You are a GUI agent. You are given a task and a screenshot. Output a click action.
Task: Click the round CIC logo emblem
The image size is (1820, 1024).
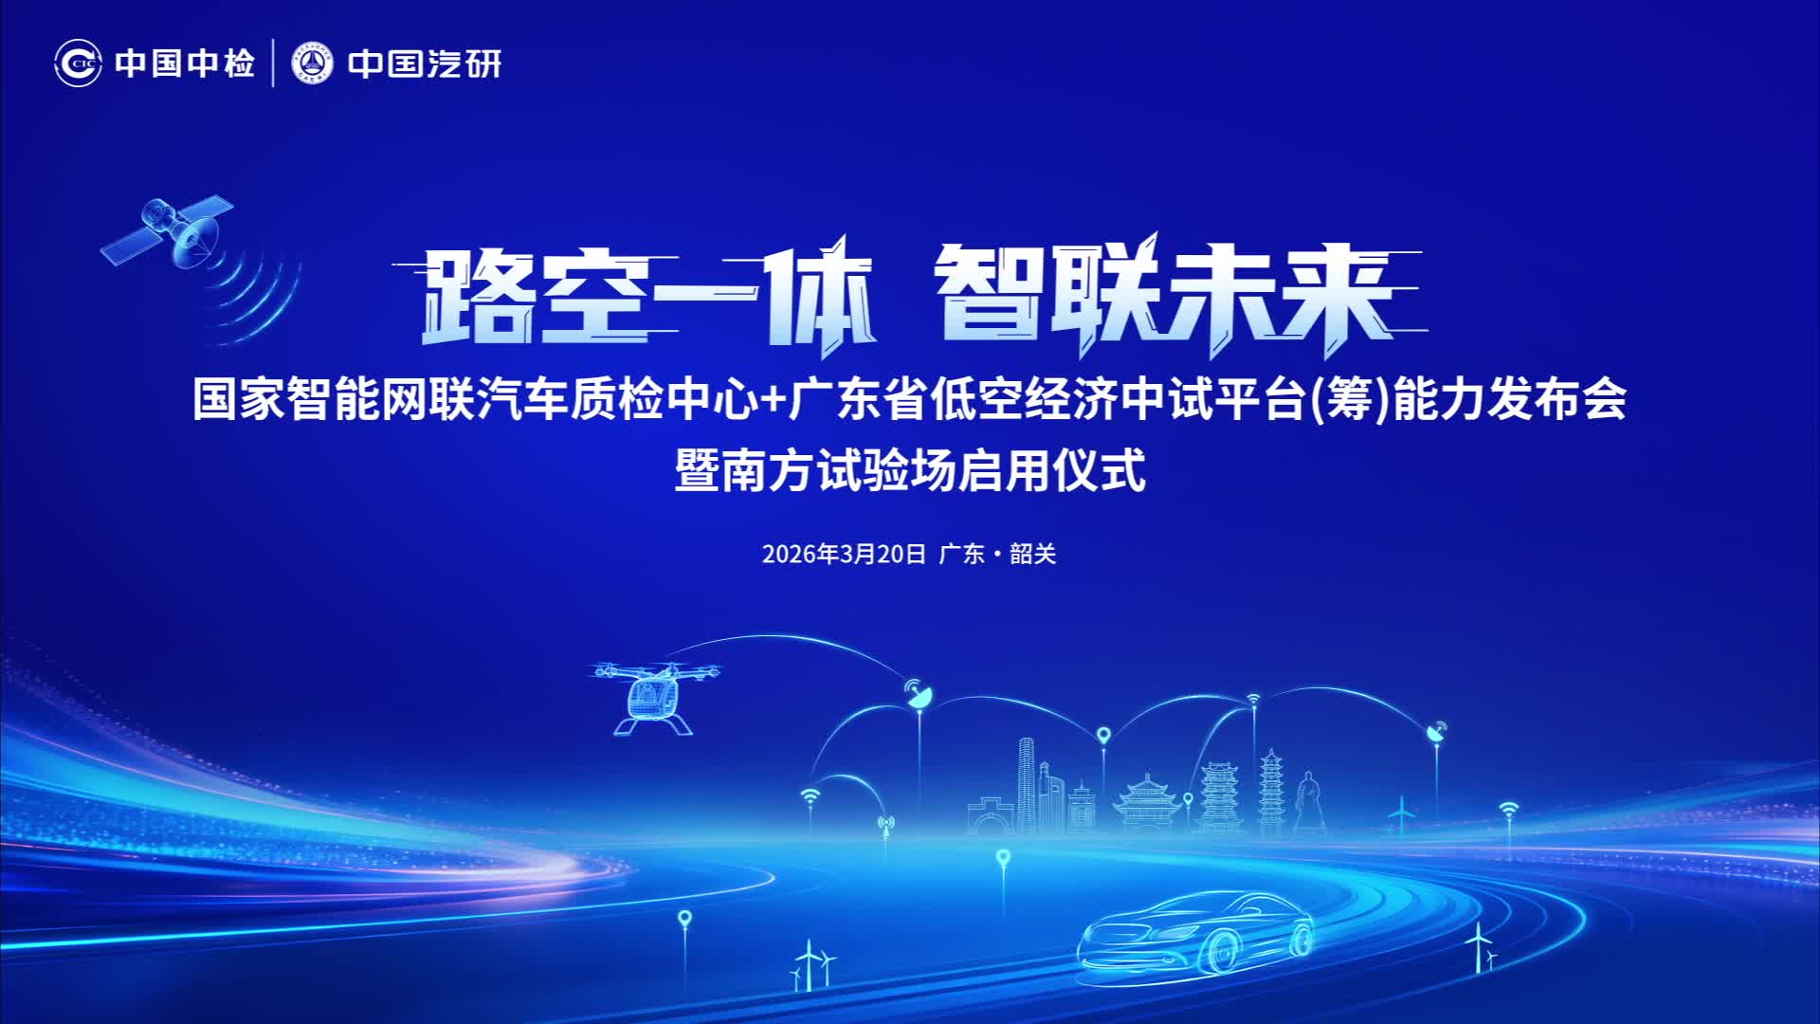click(78, 64)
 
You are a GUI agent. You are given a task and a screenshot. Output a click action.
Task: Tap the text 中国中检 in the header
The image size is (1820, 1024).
click(185, 64)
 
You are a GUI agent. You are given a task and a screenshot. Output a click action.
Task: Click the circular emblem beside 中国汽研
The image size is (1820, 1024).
click(313, 64)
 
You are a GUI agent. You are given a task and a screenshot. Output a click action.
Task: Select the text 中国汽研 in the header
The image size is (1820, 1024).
click(425, 64)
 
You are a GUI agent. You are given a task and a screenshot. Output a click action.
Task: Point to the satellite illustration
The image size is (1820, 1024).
click(171, 232)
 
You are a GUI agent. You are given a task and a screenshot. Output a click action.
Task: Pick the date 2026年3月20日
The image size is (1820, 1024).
click(844, 554)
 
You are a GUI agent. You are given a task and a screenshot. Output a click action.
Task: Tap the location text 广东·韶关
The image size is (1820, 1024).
click(997, 554)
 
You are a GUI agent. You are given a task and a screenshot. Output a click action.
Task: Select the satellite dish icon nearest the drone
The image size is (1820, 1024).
click(917, 692)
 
